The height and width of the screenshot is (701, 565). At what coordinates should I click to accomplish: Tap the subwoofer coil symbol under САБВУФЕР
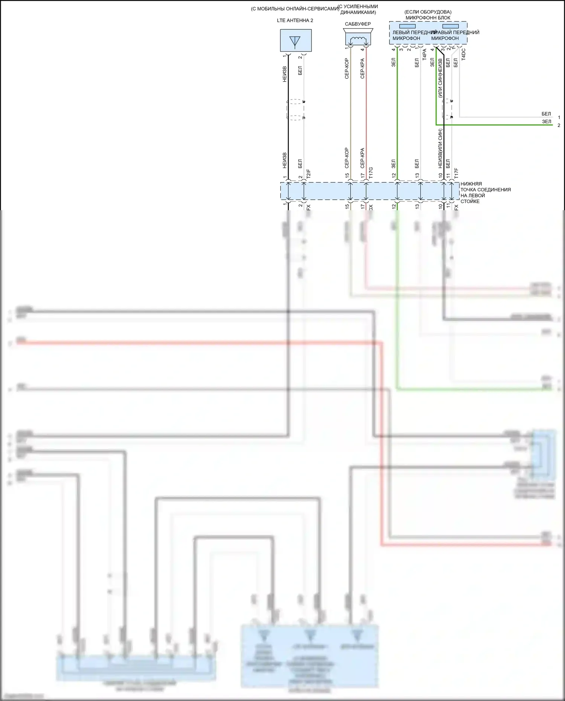[x=358, y=39]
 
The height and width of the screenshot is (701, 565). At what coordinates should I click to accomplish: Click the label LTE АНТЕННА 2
[x=295, y=20]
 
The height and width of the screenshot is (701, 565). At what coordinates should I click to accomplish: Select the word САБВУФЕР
[x=357, y=24]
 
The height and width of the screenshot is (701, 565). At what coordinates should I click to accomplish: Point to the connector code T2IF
[x=308, y=174]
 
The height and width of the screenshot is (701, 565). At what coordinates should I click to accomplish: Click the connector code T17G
[x=371, y=173]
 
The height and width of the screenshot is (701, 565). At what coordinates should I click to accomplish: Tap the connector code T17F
[x=456, y=173]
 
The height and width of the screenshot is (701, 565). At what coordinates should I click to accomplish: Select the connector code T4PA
[x=425, y=54]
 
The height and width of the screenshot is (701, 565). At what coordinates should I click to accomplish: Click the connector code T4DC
[x=464, y=54]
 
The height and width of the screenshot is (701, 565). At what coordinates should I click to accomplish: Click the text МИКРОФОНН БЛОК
[x=428, y=18]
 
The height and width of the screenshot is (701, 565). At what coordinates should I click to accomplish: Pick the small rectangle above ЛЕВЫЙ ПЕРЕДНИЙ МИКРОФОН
[x=408, y=26]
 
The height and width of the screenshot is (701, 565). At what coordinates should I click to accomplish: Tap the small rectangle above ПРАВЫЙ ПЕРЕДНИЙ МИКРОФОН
[x=450, y=26]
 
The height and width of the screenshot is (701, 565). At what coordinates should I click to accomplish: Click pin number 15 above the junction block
[x=347, y=176]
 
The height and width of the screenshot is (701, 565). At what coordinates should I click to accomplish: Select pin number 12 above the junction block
[x=394, y=176]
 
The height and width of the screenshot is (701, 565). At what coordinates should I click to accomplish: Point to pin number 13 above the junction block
[x=417, y=176]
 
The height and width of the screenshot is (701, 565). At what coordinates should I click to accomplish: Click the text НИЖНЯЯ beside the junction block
[x=471, y=184]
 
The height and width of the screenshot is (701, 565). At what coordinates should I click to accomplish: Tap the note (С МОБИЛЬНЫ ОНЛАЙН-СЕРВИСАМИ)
[x=295, y=9]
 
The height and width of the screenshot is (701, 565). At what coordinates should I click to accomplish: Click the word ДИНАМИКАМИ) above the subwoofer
[x=358, y=12]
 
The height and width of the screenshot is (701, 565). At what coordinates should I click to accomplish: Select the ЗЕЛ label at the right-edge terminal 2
[x=547, y=122]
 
